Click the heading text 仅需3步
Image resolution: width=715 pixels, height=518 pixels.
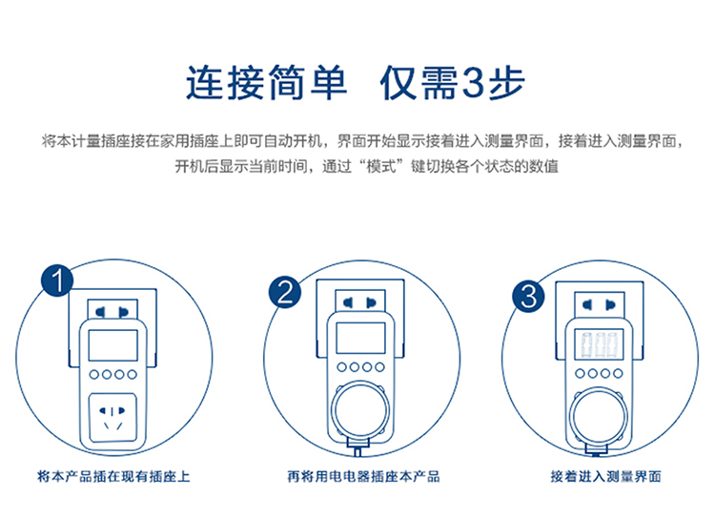pos(452,83)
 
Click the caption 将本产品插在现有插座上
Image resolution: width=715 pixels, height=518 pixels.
pos(113,475)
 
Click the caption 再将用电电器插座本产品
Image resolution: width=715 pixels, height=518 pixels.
pos(363,475)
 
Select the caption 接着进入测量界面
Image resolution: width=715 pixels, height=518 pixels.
pos(605,475)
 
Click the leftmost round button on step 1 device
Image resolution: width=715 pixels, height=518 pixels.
pos(92,375)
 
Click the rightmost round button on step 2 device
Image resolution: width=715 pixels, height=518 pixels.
pos(379,366)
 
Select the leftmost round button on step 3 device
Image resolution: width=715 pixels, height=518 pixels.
pos(581,372)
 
